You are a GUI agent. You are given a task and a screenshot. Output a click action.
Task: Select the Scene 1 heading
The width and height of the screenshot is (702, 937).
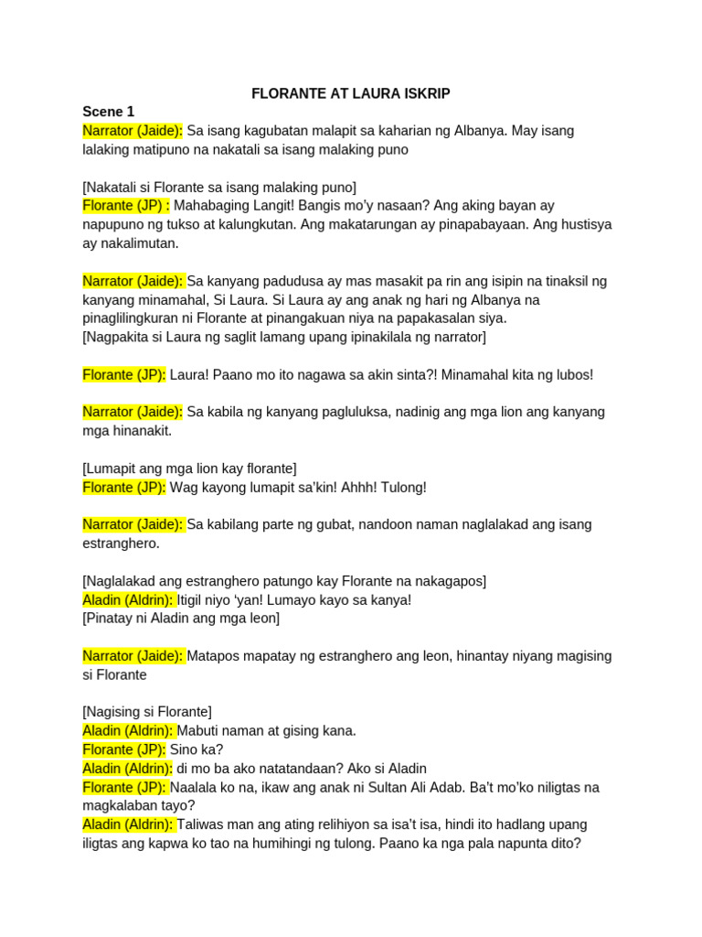[x=108, y=112]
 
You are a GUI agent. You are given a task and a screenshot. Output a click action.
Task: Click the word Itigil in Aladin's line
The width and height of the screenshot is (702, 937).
[x=194, y=600]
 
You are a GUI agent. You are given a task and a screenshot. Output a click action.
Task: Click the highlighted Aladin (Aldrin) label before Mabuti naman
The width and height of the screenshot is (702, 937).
[x=128, y=731]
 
